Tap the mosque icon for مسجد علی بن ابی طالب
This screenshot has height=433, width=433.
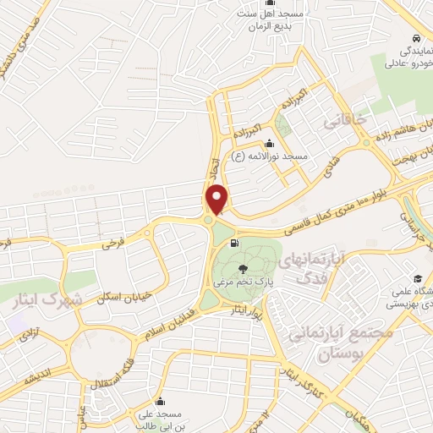(161, 401)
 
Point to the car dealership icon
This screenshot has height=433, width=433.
(416, 40)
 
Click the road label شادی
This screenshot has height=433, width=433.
(330, 160)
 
